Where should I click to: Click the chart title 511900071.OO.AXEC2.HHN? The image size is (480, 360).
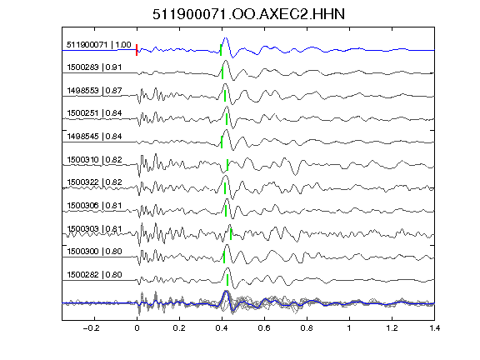pos(248,14)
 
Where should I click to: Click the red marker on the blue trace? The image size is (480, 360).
pos(137,50)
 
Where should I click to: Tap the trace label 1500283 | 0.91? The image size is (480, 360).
pos(94,67)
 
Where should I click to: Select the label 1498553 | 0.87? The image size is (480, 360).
pos(94,91)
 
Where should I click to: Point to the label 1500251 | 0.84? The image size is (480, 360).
pos(94,113)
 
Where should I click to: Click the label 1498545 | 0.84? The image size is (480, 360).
pos(94,136)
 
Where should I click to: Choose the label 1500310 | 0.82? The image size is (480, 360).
pos(94,160)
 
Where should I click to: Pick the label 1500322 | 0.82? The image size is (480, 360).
pos(94,182)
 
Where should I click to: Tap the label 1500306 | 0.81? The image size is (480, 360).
pos(94,205)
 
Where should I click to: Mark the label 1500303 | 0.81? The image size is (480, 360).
pos(94,229)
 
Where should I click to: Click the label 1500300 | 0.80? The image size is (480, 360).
pos(94,252)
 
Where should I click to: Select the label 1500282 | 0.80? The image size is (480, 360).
pos(94,275)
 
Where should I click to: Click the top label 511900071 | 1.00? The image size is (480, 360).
pos(99,45)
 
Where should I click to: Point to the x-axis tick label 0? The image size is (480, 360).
pos(137,328)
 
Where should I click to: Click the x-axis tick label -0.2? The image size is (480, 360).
pos(92,328)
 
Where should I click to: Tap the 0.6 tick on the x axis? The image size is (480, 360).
pos(264,328)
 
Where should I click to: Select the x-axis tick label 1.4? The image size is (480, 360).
pos(435,328)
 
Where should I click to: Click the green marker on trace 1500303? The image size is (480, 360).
pos(231,234)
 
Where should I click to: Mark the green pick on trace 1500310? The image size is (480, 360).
pos(227,165)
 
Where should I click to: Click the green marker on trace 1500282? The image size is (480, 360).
pos(227,280)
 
